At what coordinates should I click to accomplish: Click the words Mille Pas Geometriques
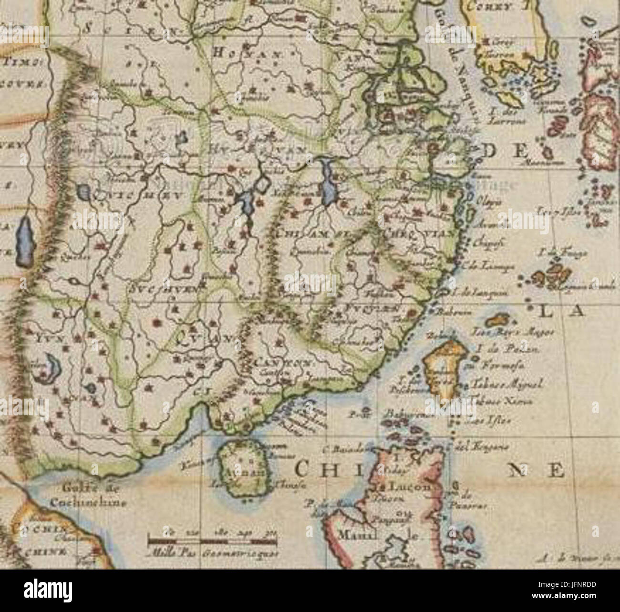(213, 555)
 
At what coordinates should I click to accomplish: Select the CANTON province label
(283, 363)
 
